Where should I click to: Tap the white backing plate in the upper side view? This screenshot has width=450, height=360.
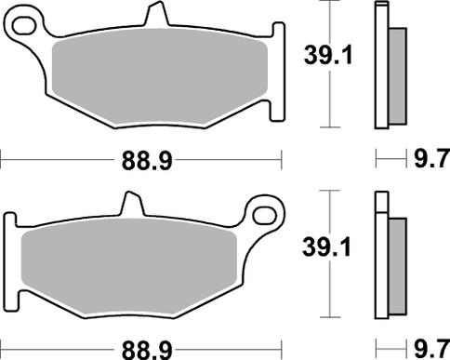tap(380, 65)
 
